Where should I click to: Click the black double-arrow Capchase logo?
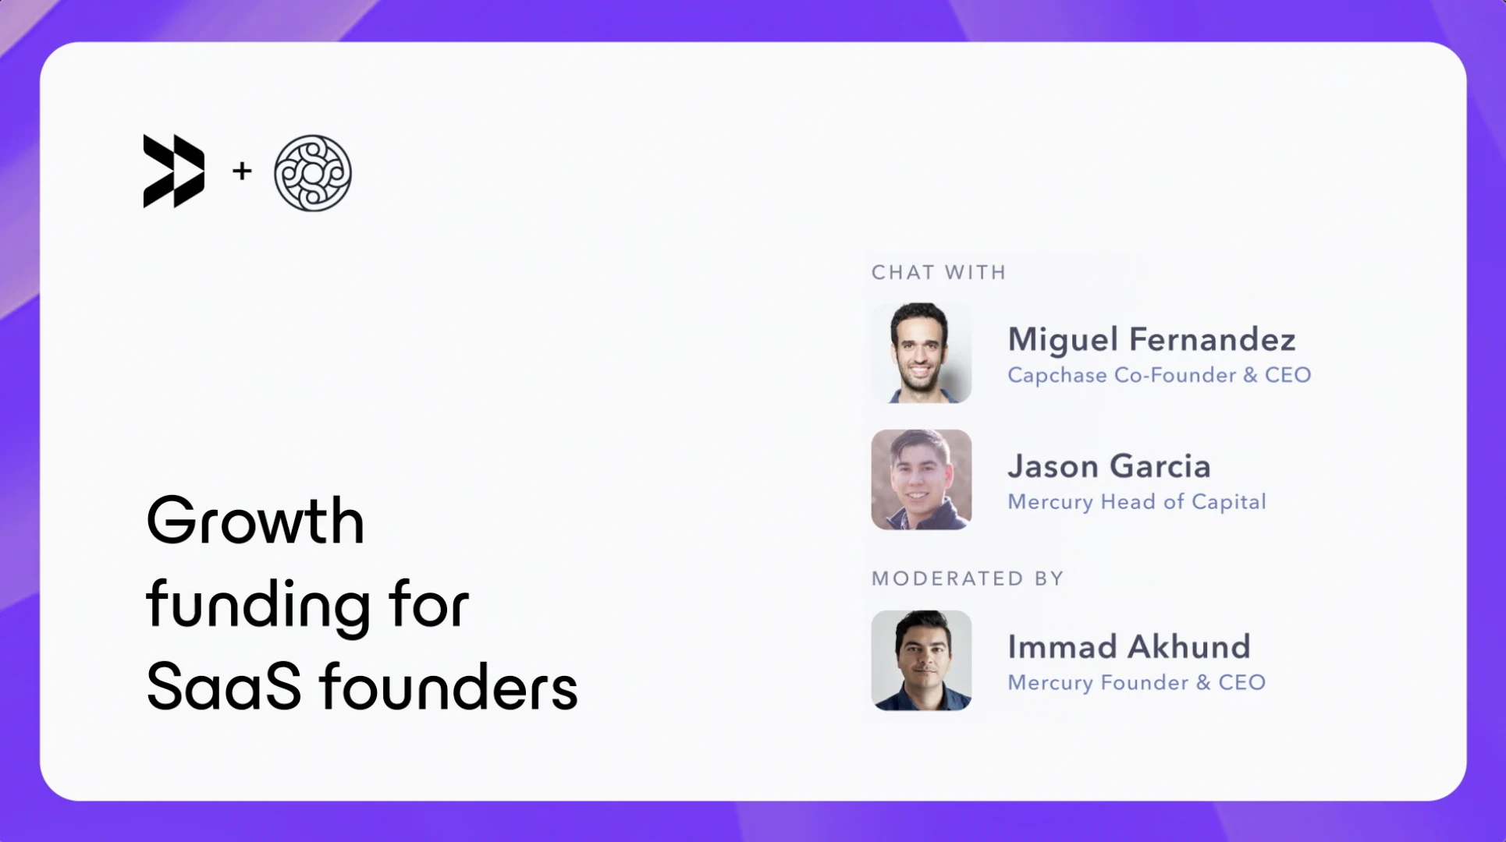174,171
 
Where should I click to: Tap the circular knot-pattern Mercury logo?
312,172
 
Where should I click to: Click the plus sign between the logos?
242,170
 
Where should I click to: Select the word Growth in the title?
255,521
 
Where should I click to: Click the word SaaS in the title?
223,687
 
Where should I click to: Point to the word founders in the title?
449,687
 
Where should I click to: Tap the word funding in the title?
258,605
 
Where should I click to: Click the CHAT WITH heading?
939,272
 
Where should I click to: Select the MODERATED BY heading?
968,578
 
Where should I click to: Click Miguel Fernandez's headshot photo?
921,353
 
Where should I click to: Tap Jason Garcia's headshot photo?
921,479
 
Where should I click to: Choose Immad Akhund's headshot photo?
921,660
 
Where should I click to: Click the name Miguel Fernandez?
1151,340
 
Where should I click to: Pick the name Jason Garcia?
1109,466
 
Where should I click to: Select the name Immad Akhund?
1128,647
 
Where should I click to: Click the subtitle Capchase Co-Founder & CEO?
1159,375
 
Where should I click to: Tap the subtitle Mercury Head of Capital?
1136,501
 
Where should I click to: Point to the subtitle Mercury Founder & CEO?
1136,682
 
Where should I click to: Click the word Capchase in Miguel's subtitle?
1057,375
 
